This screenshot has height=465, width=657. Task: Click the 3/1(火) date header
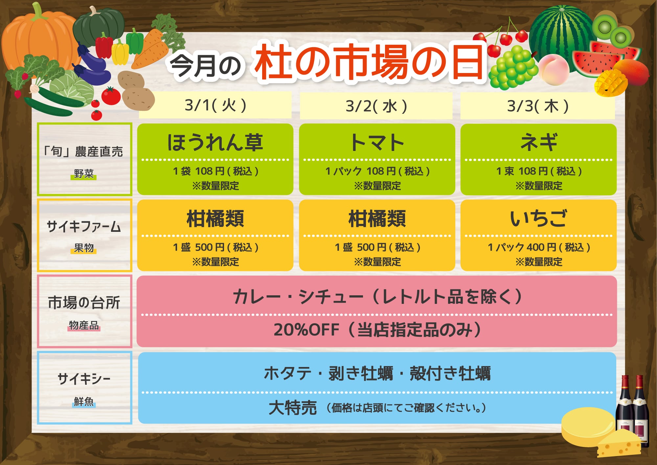coord(215,106)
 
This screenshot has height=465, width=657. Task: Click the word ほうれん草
coord(215,142)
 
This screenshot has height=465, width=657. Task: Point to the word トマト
coord(377,142)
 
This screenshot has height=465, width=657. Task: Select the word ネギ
coord(539,142)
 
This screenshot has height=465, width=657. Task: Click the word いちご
coord(538,218)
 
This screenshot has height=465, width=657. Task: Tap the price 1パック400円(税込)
coord(539,247)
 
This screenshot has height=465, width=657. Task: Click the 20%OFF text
coord(306,330)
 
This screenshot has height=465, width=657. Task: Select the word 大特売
coord(293,408)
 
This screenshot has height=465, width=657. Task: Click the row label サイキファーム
coord(84,227)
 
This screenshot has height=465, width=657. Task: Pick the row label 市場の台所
coord(84,303)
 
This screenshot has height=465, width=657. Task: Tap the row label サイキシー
coord(84,379)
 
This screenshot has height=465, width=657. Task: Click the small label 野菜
coord(84,174)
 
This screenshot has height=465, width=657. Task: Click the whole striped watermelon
coord(560,38)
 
